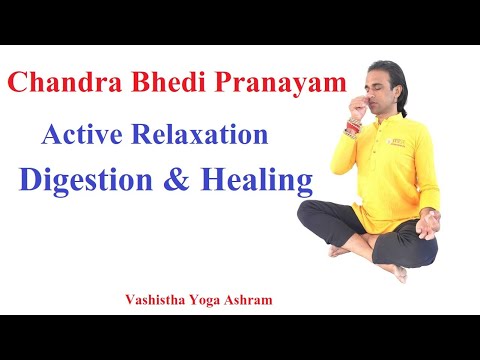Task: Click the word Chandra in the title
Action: click(65, 82)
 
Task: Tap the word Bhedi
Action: click(168, 82)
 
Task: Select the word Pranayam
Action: click(281, 83)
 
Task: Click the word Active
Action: click(82, 134)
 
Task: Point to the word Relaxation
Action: click(200, 134)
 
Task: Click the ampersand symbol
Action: click(177, 179)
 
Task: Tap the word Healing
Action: click(256, 180)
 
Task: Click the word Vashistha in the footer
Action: click(155, 300)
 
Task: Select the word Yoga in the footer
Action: click(205, 301)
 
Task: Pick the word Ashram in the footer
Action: click(248, 300)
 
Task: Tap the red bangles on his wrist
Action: click(353, 127)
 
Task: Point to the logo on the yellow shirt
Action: click(396, 142)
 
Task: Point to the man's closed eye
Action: click(378, 88)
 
